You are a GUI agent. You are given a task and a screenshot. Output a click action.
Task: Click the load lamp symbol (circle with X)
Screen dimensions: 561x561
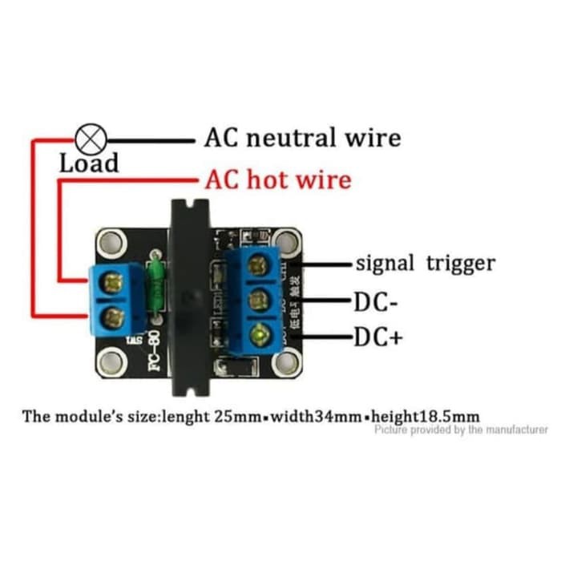pyautogui.click(x=90, y=139)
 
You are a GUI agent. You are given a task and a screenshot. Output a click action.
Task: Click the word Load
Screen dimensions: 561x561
pyautogui.click(x=89, y=163)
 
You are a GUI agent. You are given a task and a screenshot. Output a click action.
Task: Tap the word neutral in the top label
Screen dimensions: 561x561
pyautogui.click(x=296, y=138)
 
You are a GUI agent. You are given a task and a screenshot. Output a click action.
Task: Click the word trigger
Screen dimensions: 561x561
pyautogui.click(x=458, y=263)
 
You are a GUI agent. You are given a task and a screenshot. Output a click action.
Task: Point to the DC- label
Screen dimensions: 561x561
pyautogui.click(x=373, y=302)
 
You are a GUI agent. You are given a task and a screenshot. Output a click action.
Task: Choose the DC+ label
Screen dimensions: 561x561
pyautogui.click(x=377, y=337)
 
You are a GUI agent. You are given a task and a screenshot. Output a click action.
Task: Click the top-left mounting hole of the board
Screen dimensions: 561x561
pyautogui.click(x=110, y=242)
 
